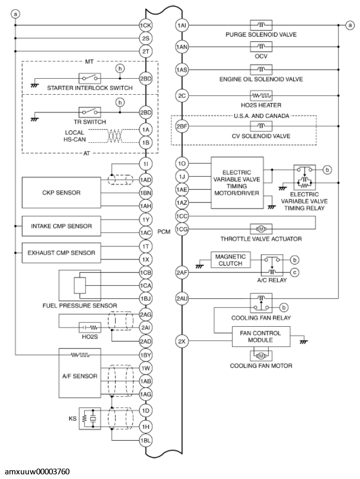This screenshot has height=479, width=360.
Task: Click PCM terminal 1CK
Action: [x=146, y=25]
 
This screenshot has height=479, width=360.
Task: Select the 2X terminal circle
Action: [x=181, y=341]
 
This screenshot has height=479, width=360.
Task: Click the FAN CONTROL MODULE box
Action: [x=262, y=337]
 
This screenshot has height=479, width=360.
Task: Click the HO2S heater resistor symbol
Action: [x=261, y=95]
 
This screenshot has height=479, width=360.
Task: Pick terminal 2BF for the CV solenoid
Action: [x=181, y=126]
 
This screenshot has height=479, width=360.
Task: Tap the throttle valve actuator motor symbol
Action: [x=261, y=228]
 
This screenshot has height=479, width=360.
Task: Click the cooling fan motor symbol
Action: [x=261, y=356]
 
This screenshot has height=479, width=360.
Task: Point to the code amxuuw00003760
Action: [x=37, y=472]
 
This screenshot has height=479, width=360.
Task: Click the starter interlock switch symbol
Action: [x=87, y=79]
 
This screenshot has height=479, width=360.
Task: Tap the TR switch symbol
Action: [x=87, y=112]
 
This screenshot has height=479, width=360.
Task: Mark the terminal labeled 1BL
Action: [x=146, y=440]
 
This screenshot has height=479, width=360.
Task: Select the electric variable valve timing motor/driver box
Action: [x=237, y=183]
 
